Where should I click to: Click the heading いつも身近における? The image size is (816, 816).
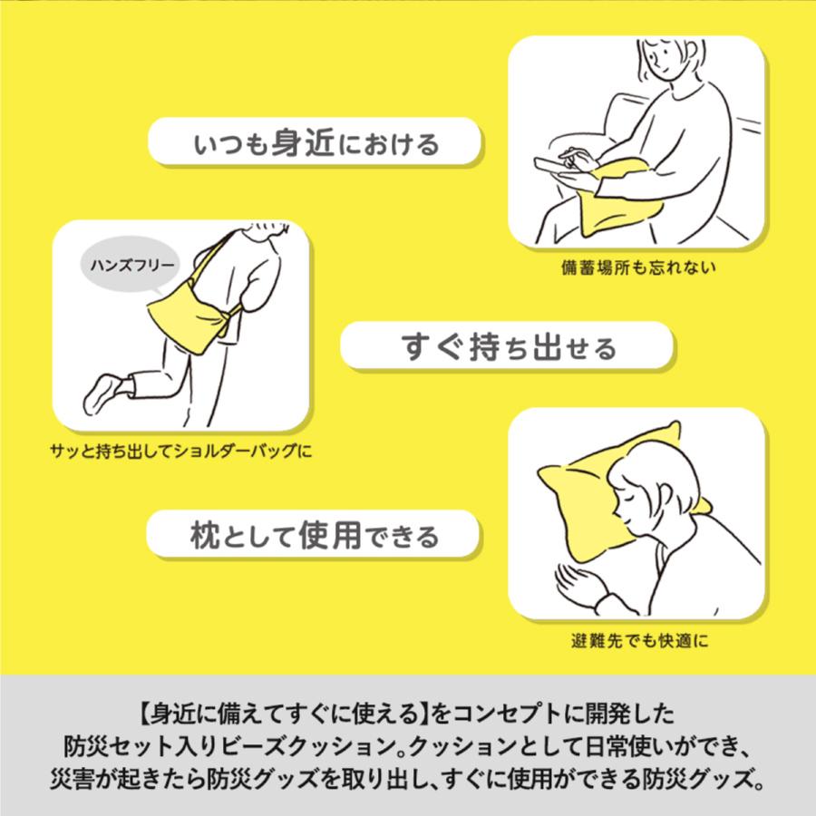[x=314, y=143]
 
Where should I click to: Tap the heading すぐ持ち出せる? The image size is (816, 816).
[x=507, y=346]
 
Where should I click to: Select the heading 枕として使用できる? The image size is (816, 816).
[x=314, y=535]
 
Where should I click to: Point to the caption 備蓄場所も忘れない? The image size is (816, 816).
[x=638, y=267]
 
